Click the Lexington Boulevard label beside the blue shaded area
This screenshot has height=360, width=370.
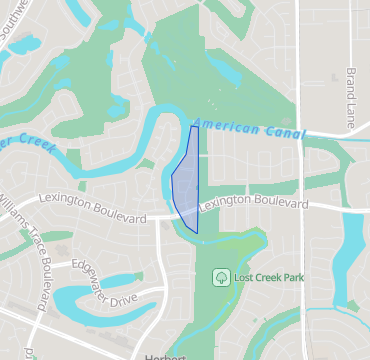coord(253,202)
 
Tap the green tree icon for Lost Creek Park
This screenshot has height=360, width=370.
coord(220,275)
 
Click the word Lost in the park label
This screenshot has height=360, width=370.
coord(243,275)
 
